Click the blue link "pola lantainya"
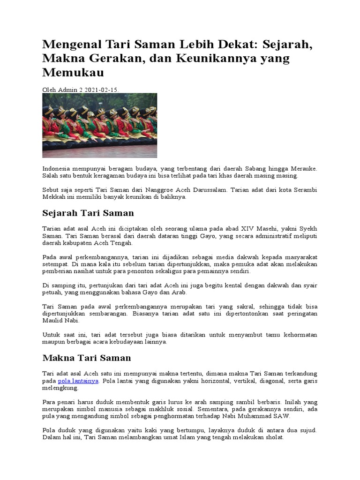point(78,381)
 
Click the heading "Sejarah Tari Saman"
point(88,213)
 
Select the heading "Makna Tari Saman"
point(87,358)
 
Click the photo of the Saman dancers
point(100,125)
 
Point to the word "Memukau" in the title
point(73,73)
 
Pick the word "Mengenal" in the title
point(70,45)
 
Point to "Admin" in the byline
point(67,89)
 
